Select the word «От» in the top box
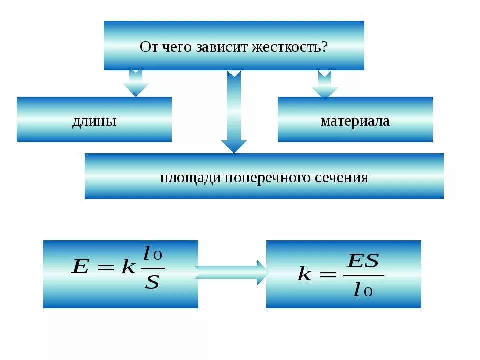point(148,47)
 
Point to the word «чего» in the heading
point(176,47)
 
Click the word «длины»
point(94,121)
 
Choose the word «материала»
point(355,121)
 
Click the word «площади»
point(190,178)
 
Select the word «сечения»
point(342,178)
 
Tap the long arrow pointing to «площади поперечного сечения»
point(234,112)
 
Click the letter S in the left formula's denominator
point(152,283)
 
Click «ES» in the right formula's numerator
point(363,261)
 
